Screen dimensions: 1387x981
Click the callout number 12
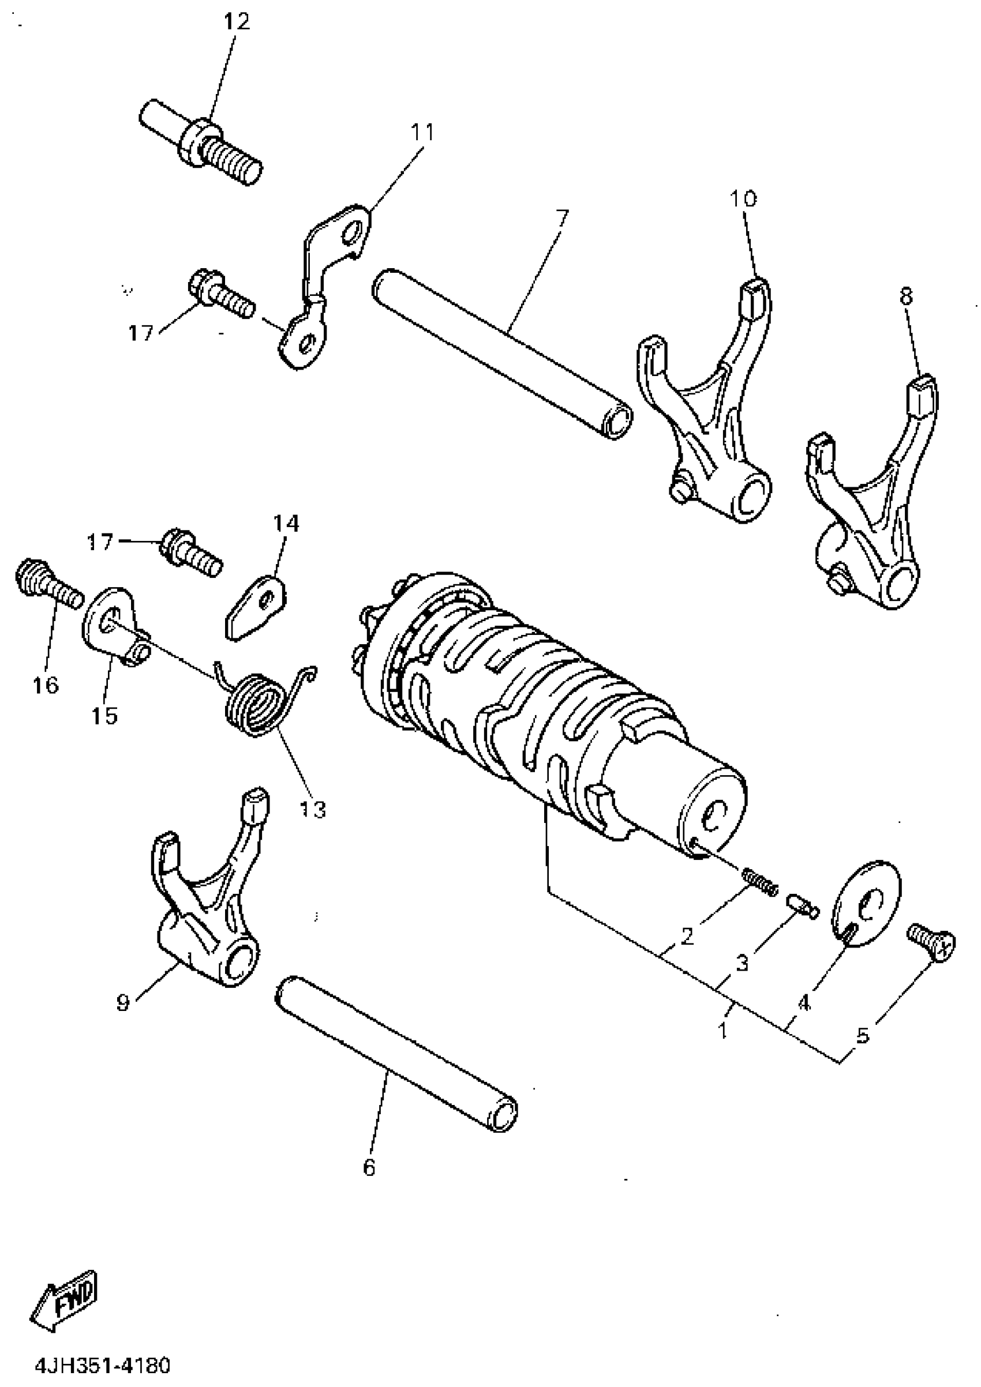[237, 22]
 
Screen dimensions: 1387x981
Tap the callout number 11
[422, 131]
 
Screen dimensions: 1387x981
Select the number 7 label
[561, 216]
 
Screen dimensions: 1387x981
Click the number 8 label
[906, 296]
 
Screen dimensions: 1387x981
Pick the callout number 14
[286, 523]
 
